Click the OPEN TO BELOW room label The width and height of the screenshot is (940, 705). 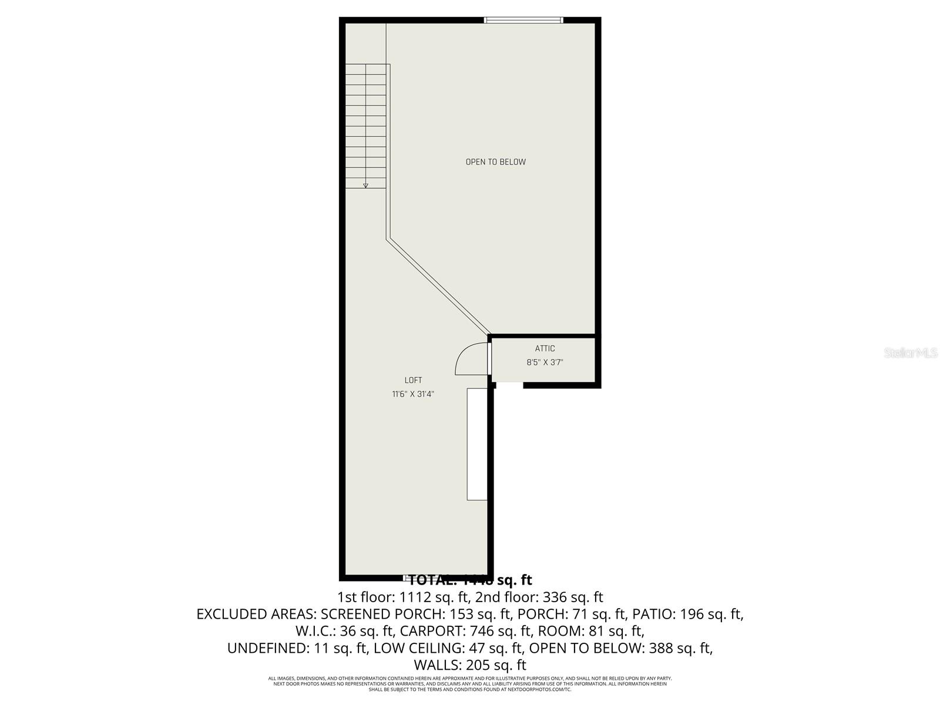(x=495, y=162)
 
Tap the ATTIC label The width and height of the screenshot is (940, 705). (x=545, y=348)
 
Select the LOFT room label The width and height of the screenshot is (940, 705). (x=413, y=380)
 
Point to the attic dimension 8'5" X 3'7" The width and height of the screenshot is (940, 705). (x=545, y=362)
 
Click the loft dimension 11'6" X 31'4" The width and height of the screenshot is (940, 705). (x=413, y=394)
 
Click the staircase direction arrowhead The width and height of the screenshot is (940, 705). (x=365, y=185)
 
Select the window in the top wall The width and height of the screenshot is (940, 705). (x=523, y=21)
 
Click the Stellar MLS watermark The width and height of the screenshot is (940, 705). (x=911, y=353)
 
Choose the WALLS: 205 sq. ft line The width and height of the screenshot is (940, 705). (x=470, y=666)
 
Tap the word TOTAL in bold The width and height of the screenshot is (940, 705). (x=432, y=580)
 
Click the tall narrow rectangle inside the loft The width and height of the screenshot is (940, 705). (x=477, y=444)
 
